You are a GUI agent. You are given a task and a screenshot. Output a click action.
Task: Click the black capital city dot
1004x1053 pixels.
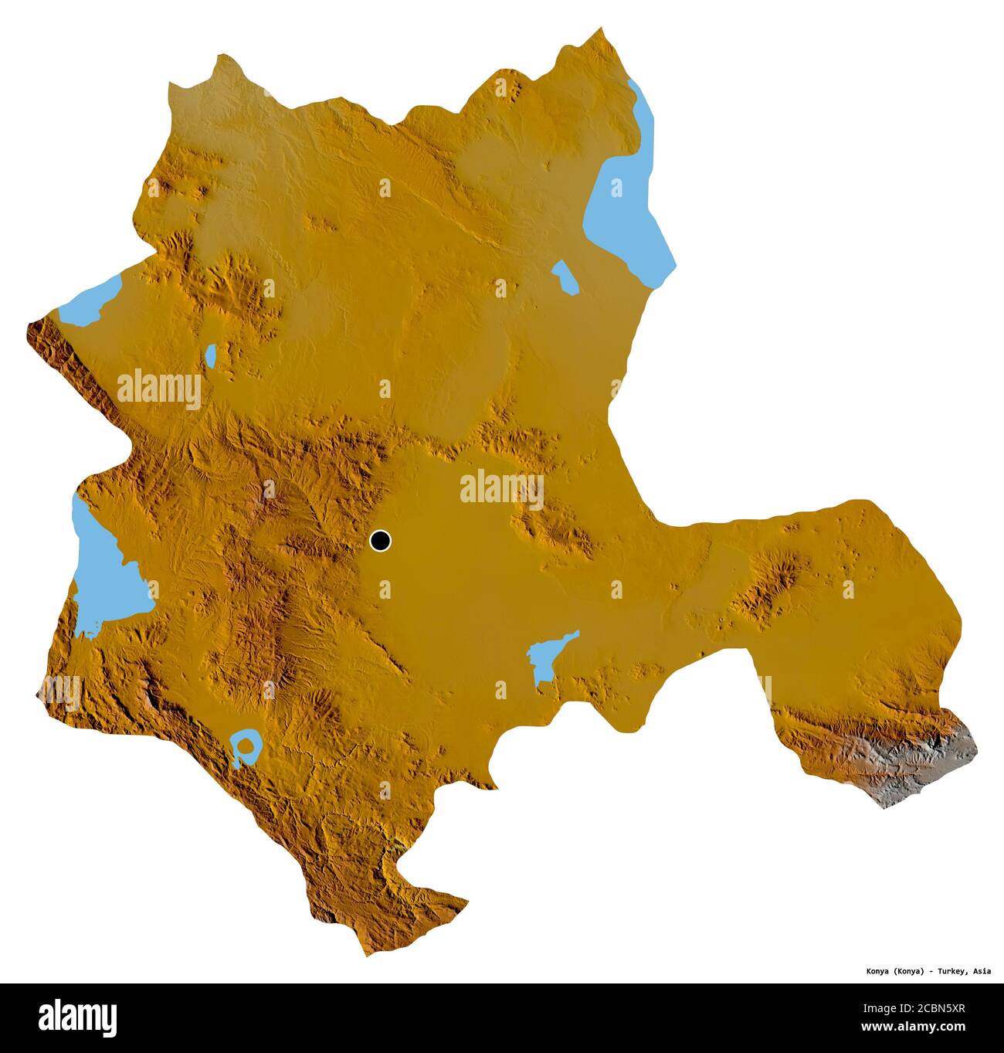[x=380, y=541]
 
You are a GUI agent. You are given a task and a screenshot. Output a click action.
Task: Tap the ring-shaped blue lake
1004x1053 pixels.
[x=246, y=747]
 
